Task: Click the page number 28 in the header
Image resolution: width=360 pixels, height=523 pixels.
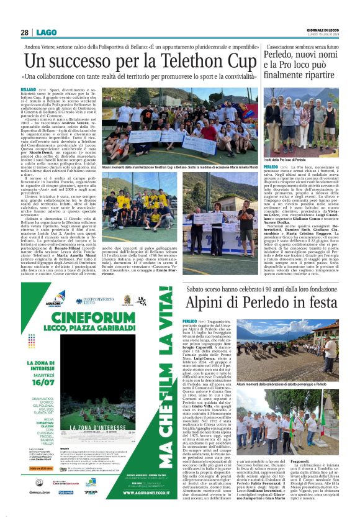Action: [x=25, y=32]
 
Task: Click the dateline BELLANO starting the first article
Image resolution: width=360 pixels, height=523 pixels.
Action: [x=32, y=90]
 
